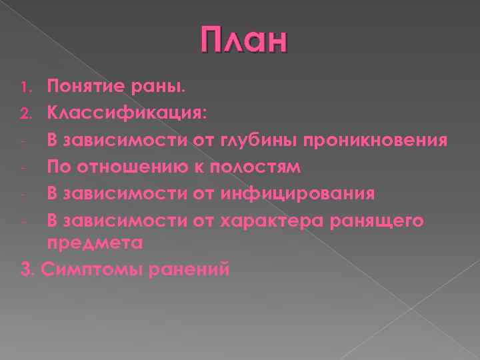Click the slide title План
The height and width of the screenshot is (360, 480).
click(x=244, y=41)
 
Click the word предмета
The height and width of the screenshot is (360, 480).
click(x=95, y=243)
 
